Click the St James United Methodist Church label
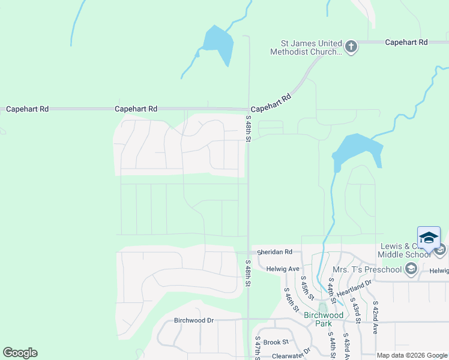click(311, 47)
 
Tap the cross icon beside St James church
click(351, 46)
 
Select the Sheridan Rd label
click(274, 252)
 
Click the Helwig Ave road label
click(283, 269)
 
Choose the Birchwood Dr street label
click(194, 320)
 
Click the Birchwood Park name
click(324, 319)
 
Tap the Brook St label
click(276, 342)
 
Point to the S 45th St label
click(307, 287)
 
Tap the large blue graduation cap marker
click(429, 238)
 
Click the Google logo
click(20, 353)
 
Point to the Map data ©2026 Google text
click(412, 355)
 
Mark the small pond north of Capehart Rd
click(217, 43)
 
